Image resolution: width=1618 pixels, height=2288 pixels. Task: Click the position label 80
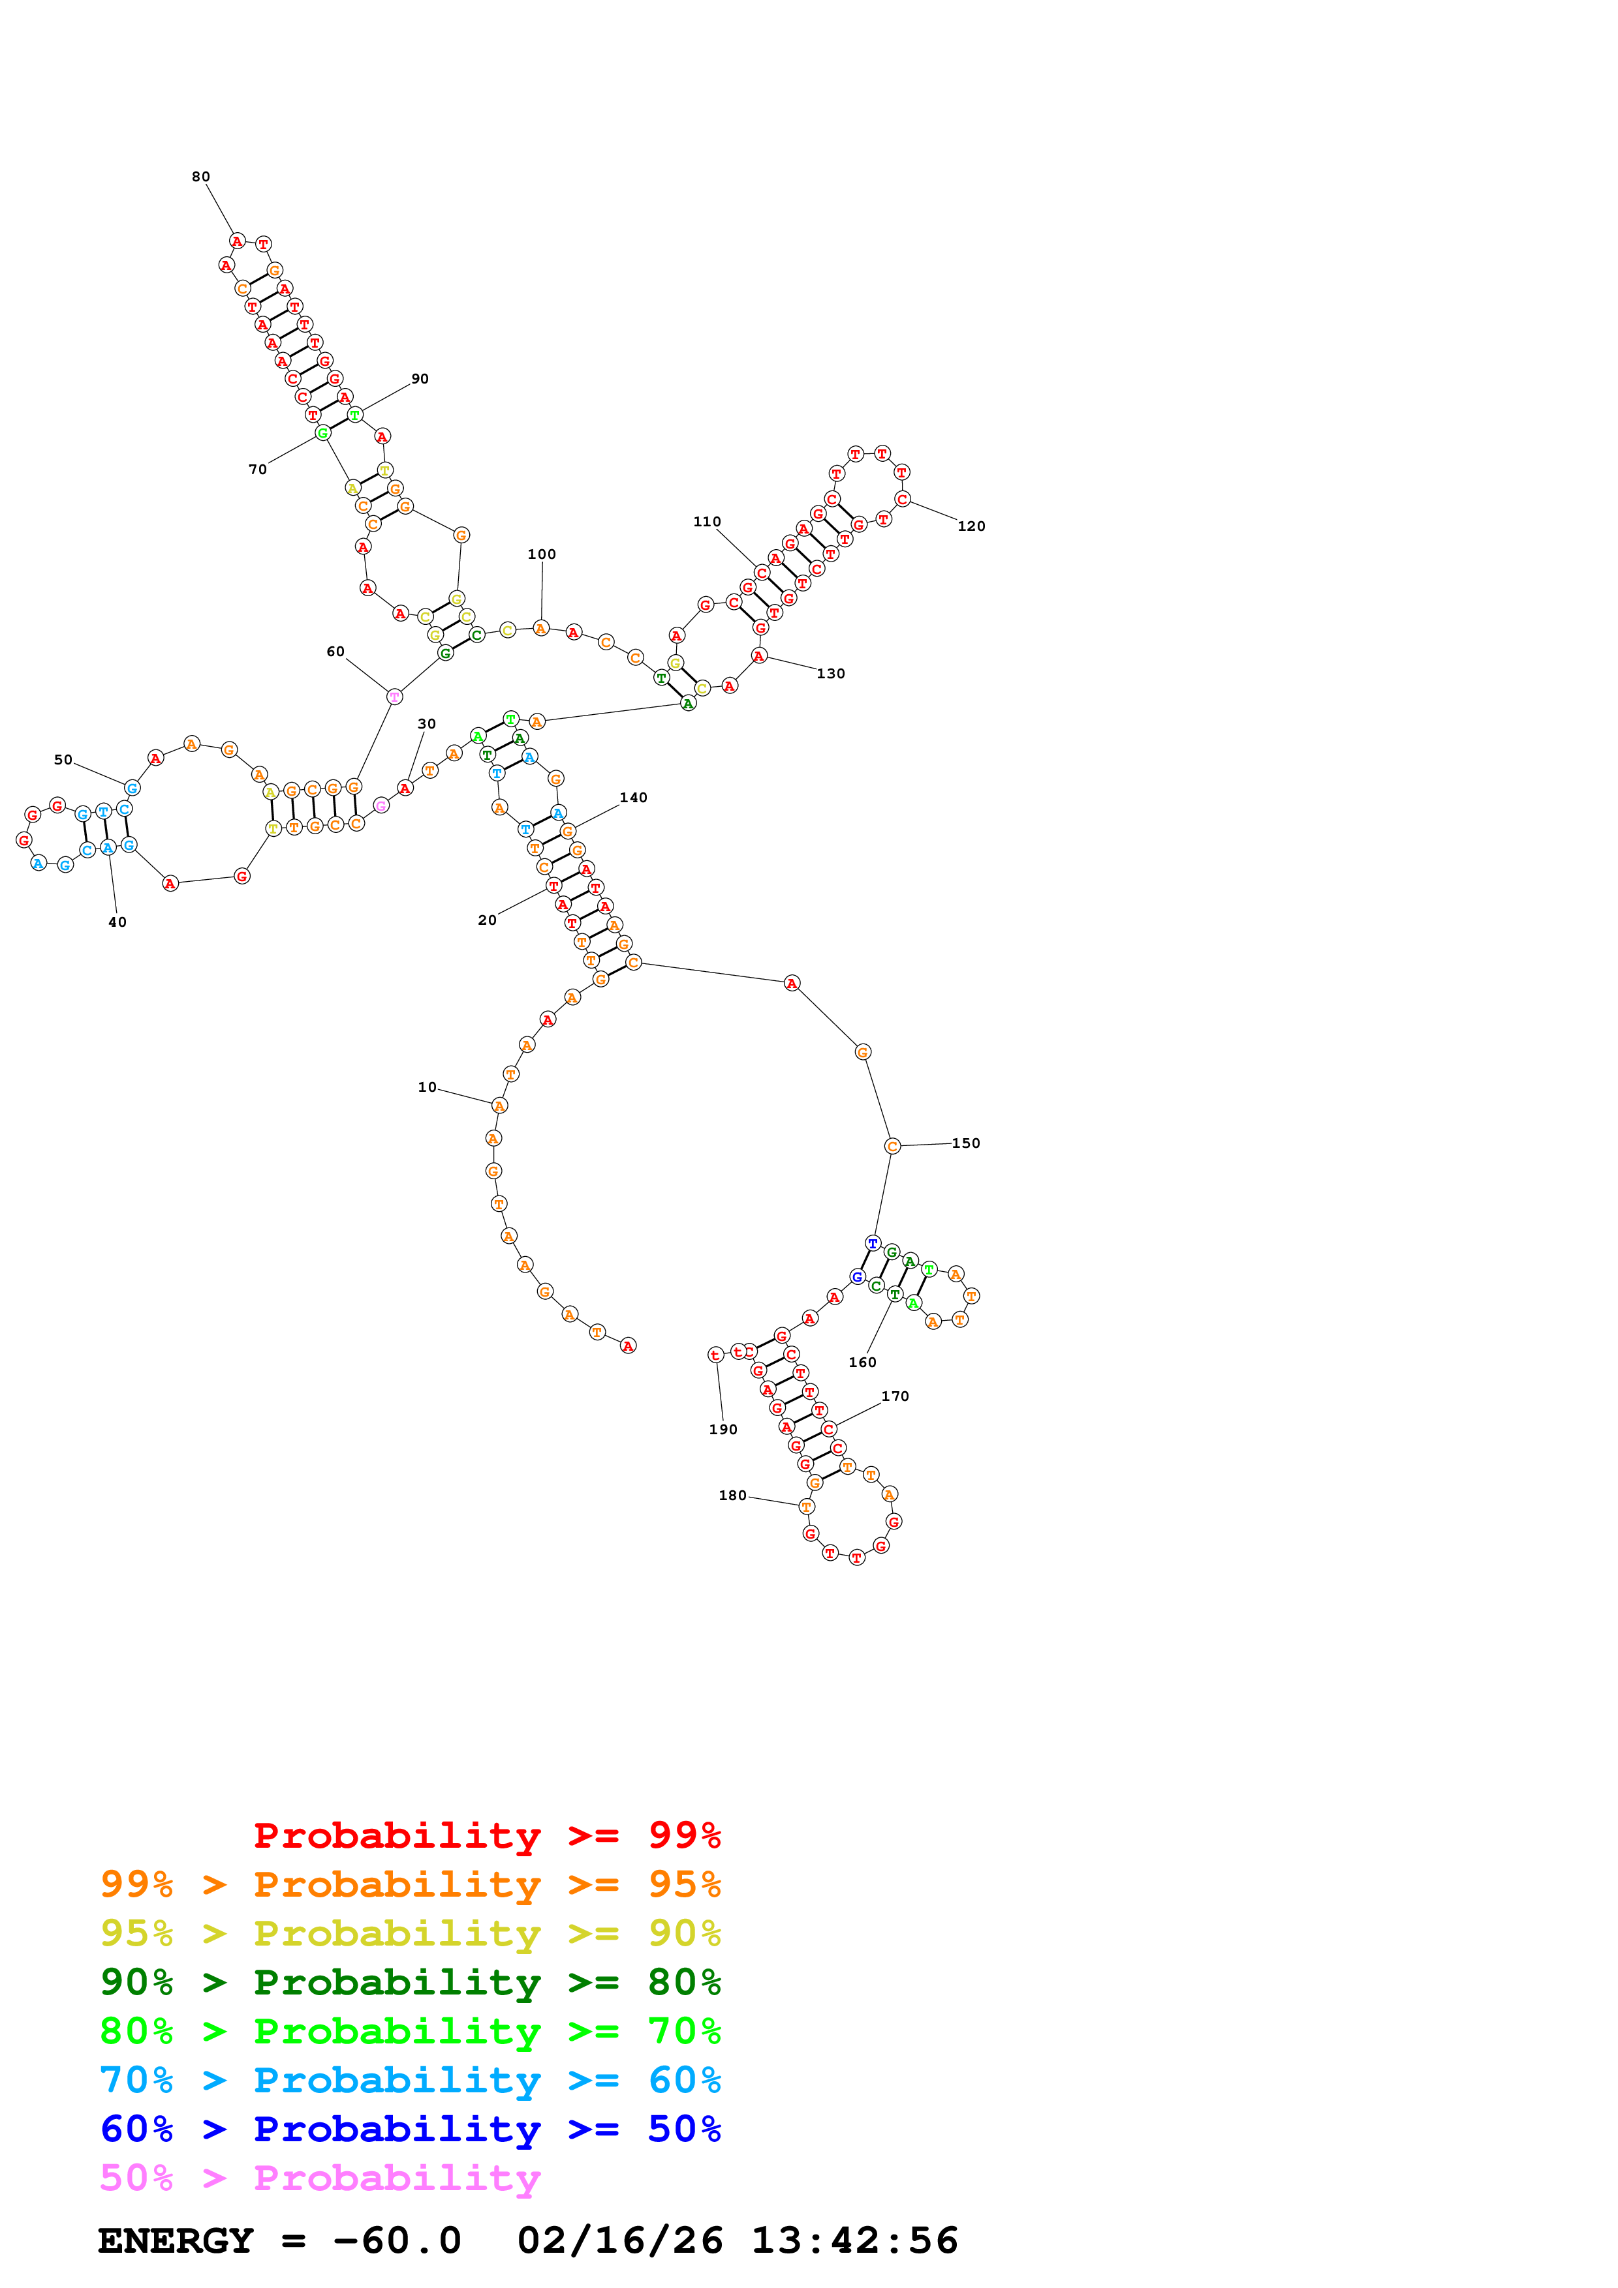pos(200,176)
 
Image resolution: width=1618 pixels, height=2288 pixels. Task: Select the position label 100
pos(541,554)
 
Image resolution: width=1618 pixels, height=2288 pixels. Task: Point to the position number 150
pos(965,1143)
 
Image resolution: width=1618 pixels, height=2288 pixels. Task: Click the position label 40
pos(117,922)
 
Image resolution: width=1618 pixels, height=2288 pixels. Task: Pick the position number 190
pos(723,1429)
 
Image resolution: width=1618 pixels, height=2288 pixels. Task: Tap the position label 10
pos(427,1087)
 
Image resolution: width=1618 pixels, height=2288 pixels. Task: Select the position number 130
pos(830,674)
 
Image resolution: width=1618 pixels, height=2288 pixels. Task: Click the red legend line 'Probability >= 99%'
pos(486,1835)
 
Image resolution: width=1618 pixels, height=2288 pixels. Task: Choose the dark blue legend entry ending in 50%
pos(410,2129)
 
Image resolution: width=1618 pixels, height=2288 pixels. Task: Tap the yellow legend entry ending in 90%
pos(410,1933)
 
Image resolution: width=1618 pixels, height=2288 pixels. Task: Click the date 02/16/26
pos(619,2240)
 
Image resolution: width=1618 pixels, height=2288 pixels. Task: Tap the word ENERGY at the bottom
pos(176,2240)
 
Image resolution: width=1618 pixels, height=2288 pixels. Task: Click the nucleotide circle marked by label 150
pos(892,1146)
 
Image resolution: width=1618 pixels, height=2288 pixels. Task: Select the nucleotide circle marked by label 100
pos(540,628)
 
